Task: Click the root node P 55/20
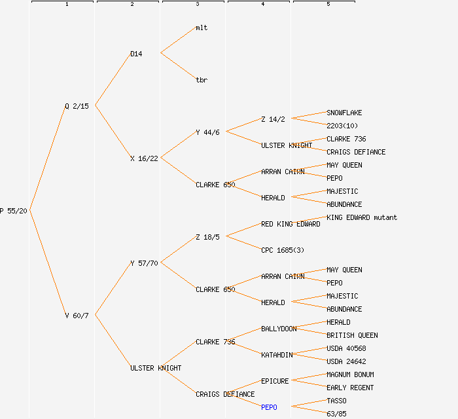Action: (14, 211)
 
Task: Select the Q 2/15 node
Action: (77, 106)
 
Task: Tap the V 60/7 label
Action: (77, 316)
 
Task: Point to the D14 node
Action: (136, 54)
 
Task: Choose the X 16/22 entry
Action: (144, 158)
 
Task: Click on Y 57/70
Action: (144, 263)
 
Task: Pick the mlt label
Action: (202, 27)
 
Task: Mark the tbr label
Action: (202, 80)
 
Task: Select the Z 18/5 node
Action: (207, 237)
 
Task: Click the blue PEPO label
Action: (269, 407)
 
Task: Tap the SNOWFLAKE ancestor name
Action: (344, 113)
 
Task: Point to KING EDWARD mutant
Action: (362, 217)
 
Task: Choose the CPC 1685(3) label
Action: (283, 250)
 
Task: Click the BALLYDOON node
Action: (279, 329)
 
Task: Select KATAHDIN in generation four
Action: (277, 355)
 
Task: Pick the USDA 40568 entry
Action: (346, 348)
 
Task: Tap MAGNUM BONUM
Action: (350, 374)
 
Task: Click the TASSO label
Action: (336, 401)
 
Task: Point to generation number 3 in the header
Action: (198, 4)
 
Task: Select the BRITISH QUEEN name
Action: (352, 335)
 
